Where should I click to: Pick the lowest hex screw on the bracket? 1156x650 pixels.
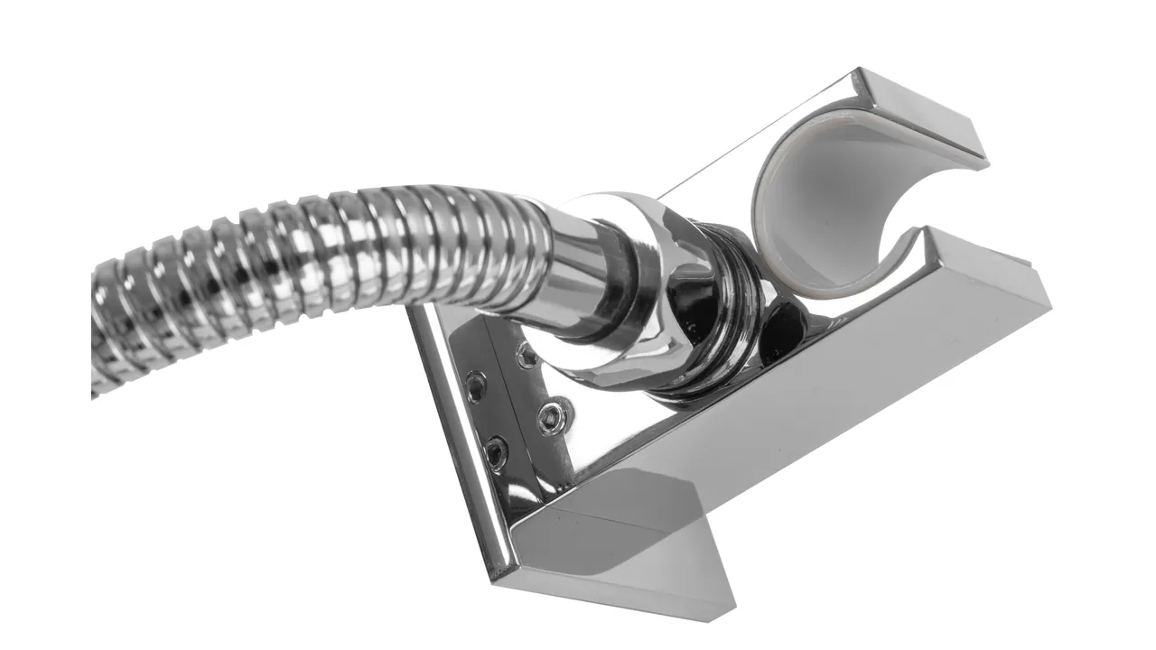pos(496,450)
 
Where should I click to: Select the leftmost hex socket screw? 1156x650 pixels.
pos(475,385)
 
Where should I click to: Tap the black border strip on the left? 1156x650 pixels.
pos(43,325)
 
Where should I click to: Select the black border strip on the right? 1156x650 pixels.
pos(1113,325)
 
